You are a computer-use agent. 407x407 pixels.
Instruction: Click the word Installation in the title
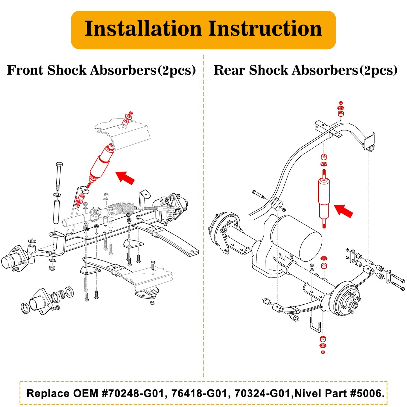tap(143, 29)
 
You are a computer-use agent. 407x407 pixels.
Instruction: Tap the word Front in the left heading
tap(25, 70)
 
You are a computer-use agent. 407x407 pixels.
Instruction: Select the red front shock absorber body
tap(101, 165)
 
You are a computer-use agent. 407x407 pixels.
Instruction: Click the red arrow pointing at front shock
tap(125, 177)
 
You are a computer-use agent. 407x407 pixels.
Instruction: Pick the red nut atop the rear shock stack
tap(341, 103)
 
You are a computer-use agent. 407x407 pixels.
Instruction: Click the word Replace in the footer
tap(48, 393)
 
